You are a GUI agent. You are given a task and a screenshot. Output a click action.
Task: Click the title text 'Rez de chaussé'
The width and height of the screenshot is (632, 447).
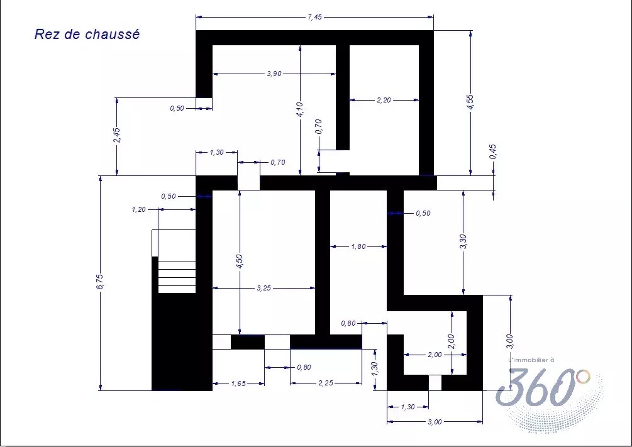(x=87, y=34)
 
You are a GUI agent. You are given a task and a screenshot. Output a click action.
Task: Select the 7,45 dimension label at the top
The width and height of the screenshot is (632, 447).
(x=314, y=18)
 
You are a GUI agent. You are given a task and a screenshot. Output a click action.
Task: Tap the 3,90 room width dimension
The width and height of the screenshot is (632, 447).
(x=274, y=74)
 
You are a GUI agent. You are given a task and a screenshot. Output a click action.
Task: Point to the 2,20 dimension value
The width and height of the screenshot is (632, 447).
(x=384, y=100)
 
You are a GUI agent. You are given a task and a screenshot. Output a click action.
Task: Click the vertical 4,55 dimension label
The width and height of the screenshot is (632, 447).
(x=470, y=102)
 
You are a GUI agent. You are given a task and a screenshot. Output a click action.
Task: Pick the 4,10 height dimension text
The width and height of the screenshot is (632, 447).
(x=299, y=109)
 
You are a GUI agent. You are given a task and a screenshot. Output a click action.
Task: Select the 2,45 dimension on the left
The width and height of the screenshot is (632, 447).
(x=116, y=135)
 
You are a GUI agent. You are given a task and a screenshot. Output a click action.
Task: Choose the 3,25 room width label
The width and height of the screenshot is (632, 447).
(x=263, y=288)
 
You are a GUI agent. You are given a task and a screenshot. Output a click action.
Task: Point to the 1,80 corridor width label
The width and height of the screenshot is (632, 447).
(x=358, y=246)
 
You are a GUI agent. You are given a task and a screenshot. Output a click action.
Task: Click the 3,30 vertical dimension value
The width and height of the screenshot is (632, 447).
(x=463, y=242)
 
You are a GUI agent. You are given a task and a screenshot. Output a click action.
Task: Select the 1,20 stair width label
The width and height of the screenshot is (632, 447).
(x=138, y=209)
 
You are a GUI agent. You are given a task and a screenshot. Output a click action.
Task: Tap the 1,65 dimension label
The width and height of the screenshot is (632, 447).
(x=238, y=384)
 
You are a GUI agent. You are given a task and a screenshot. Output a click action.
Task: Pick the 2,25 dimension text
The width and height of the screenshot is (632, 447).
(x=326, y=383)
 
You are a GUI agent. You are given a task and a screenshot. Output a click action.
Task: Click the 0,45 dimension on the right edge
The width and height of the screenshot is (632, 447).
(x=494, y=152)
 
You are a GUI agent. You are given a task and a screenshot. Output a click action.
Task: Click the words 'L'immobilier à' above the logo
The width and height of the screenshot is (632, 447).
(x=531, y=360)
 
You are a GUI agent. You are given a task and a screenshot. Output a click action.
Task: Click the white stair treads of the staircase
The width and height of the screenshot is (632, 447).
(x=177, y=277)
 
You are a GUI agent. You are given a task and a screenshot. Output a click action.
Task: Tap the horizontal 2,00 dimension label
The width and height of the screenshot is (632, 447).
(x=435, y=355)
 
